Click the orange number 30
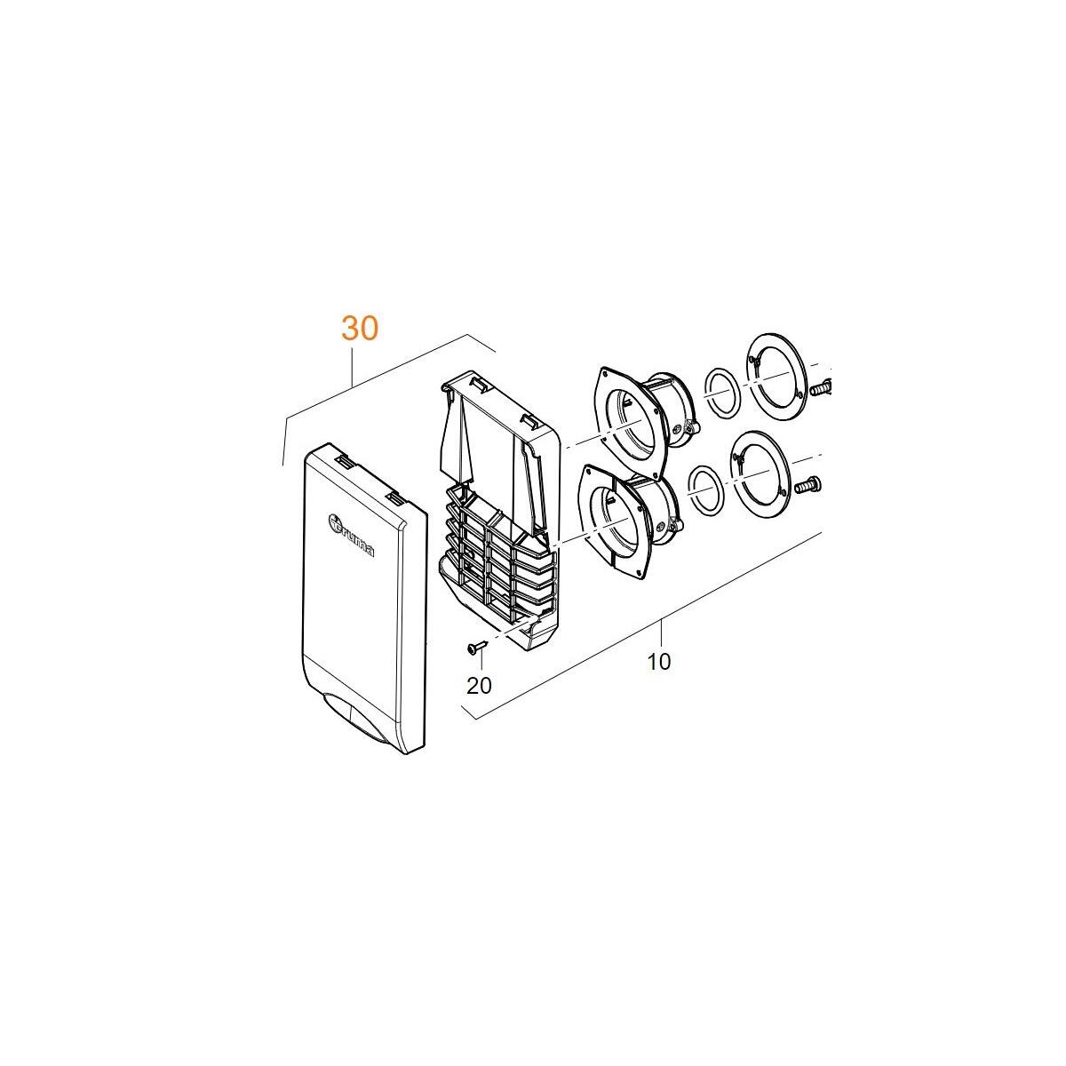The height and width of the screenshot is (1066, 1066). (360, 329)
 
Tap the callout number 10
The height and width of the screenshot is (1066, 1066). (658, 662)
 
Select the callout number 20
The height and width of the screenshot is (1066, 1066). (479, 686)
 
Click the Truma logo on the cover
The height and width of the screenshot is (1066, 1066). (351, 535)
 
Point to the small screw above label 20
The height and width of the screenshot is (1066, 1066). (477, 646)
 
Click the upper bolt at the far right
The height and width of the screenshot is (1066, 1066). (821, 387)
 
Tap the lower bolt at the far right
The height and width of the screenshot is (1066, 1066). (807, 485)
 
